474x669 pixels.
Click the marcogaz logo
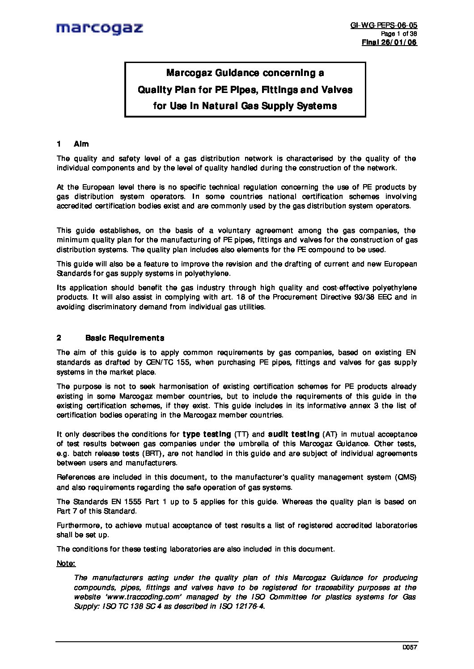tap(99, 29)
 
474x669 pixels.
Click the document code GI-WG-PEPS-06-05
tap(384, 25)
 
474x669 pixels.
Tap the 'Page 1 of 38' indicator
tap(398, 34)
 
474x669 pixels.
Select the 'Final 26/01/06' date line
tap(389, 42)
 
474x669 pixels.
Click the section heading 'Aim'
tap(81, 144)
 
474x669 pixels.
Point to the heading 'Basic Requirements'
tap(124, 338)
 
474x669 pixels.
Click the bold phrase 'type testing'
tap(207, 434)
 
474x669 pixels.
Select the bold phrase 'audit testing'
tap(294, 434)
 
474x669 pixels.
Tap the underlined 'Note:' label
tap(66, 564)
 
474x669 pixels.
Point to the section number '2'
tap(59, 338)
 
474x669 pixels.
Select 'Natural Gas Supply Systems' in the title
tap(269, 106)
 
